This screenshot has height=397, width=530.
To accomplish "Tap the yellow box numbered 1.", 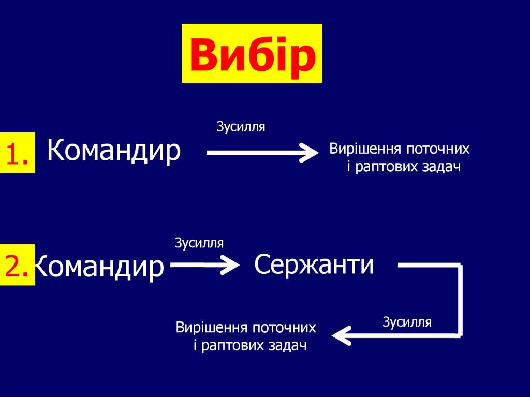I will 17,153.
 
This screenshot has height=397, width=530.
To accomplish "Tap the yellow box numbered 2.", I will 17,265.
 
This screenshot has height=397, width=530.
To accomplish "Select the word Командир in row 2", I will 99,267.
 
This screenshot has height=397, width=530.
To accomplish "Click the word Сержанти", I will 314,265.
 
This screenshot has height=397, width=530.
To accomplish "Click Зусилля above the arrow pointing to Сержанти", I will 199,243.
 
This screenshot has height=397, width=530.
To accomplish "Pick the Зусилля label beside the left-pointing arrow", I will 407,322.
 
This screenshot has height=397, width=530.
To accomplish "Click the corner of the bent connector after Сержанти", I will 459,267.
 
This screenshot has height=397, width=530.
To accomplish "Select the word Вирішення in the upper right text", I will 365,150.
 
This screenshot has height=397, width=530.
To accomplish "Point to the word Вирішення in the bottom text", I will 211,328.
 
